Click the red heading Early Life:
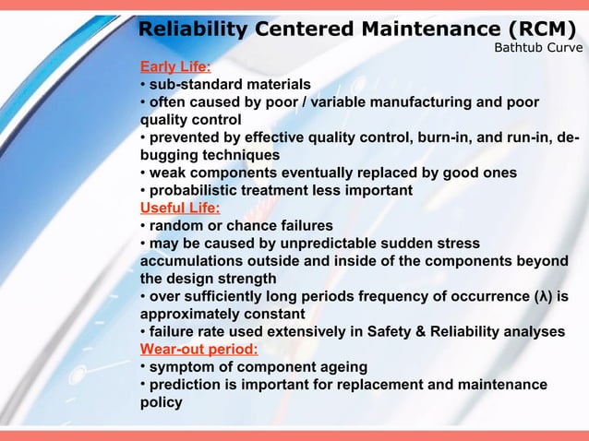coord(174,66)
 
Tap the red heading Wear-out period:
coord(198,349)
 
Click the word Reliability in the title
coord(192,30)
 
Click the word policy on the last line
coord(161,402)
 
